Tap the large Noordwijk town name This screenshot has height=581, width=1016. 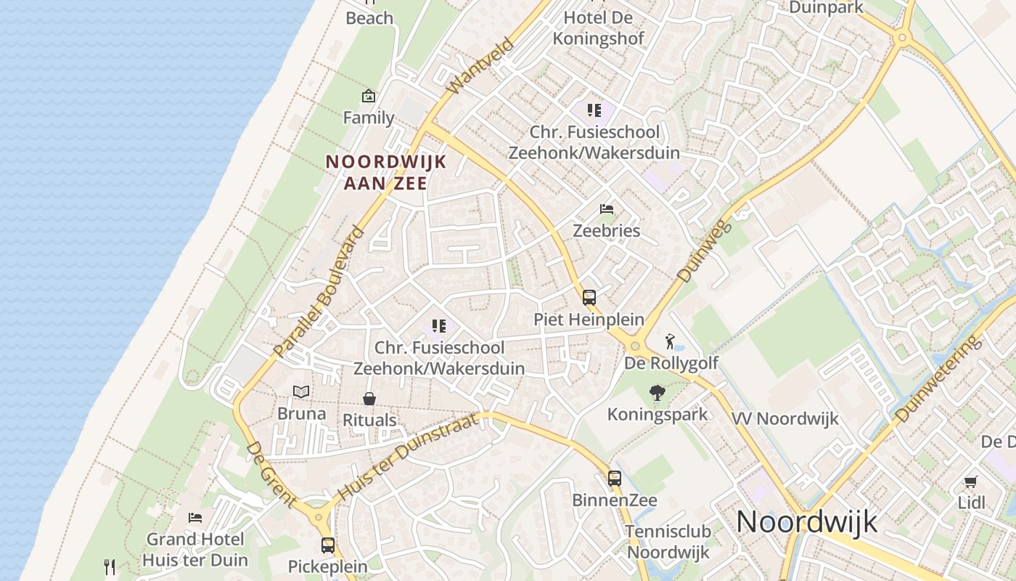point(807,522)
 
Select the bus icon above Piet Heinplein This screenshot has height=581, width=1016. point(589,297)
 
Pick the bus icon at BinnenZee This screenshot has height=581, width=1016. point(615,479)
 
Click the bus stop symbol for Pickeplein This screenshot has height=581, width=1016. point(328,545)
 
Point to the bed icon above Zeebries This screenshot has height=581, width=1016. point(607,209)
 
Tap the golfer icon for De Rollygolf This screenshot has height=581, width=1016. point(670,341)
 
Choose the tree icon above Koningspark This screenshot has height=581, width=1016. point(657,393)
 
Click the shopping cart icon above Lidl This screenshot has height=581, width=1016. point(971,482)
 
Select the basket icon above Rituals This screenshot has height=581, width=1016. point(369,399)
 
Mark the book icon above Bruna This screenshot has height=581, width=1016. point(301,391)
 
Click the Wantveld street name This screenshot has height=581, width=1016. point(480,66)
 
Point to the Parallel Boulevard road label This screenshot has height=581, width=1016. point(319,293)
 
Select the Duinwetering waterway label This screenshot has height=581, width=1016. point(941,379)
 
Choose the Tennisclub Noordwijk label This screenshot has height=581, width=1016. point(668,542)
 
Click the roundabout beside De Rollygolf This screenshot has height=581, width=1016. point(636,346)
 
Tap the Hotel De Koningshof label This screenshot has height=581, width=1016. point(599,28)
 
